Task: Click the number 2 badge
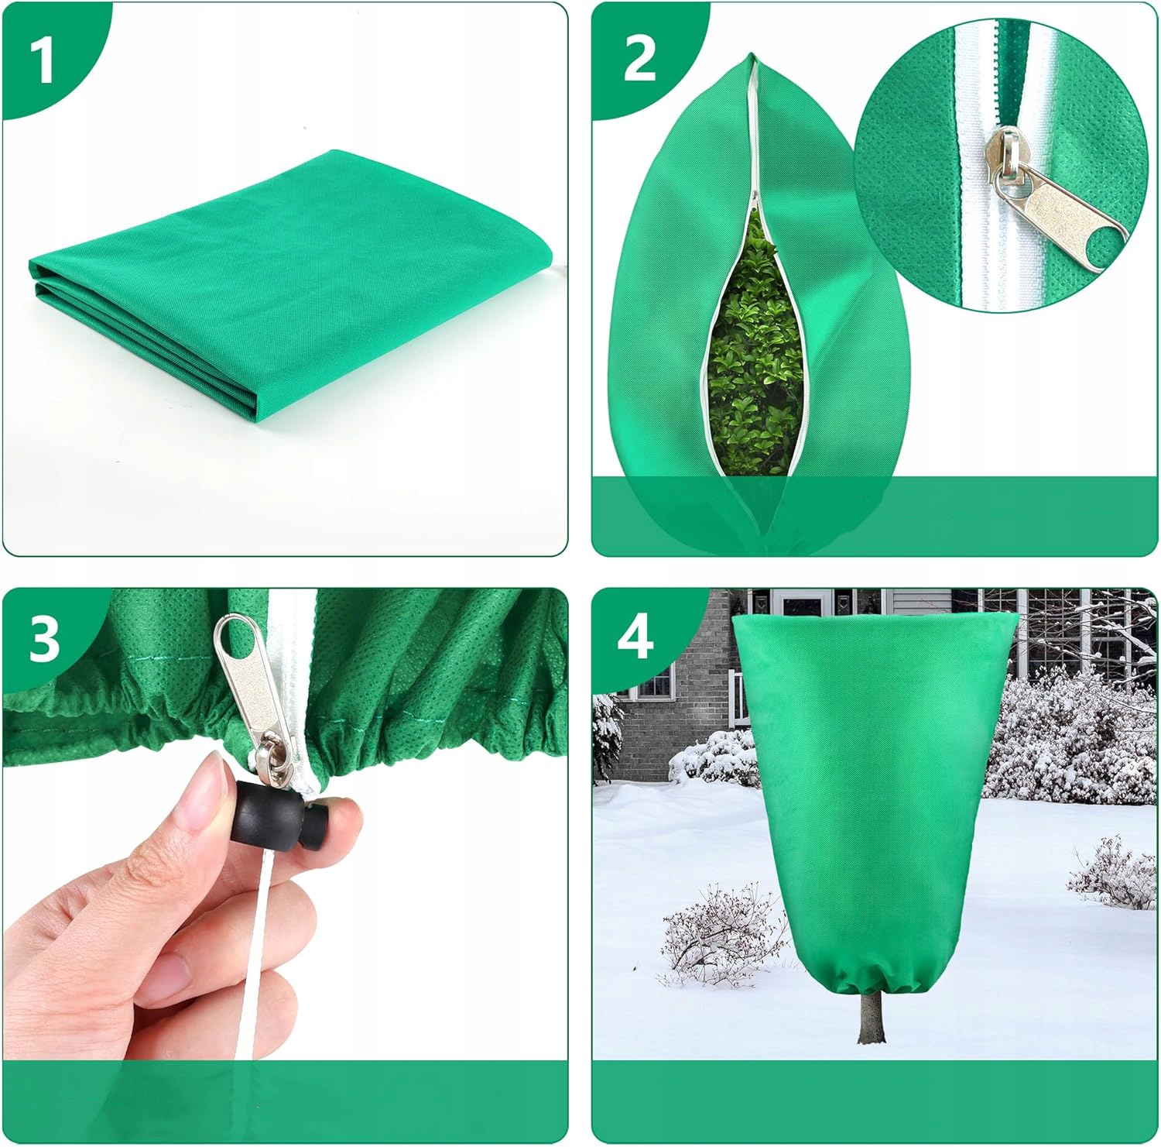point(639,59)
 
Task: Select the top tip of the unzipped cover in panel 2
point(752,55)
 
